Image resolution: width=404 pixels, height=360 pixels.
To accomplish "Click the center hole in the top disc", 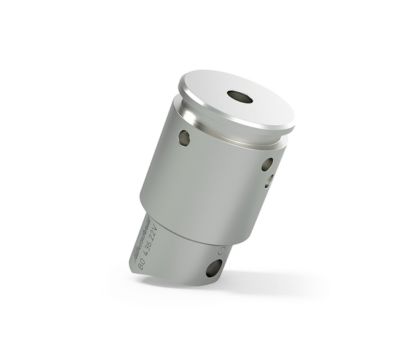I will pyautogui.click(x=240, y=97).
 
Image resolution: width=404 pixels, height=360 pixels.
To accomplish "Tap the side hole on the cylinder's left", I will pyautogui.click(x=184, y=138).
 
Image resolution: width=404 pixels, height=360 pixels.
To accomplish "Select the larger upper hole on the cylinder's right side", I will pyautogui.click(x=267, y=164).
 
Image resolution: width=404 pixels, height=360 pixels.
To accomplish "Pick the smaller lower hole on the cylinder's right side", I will pyautogui.click(x=268, y=180).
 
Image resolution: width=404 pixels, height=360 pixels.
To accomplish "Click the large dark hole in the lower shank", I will pyautogui.click(x=213, y=268).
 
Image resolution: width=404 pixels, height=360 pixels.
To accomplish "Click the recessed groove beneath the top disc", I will pyautogui.click(x=229, y=137).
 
